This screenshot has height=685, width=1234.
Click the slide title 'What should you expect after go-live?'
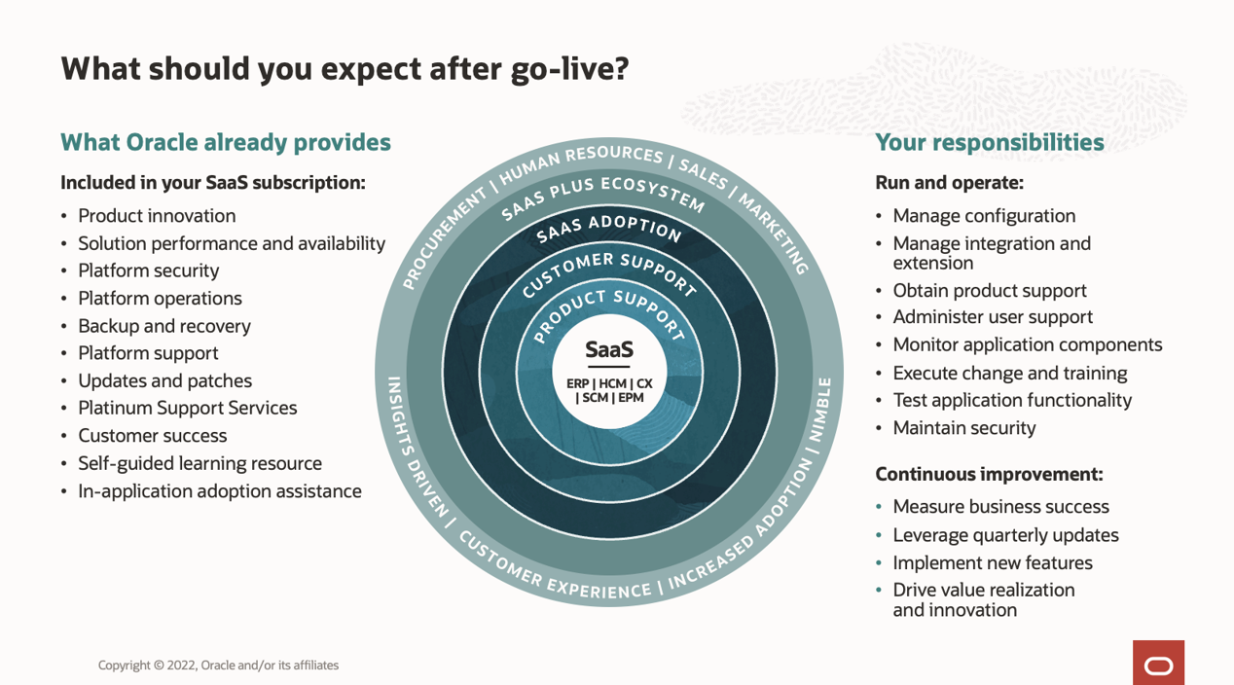[345, 68]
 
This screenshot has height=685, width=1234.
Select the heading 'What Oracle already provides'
[225, 142]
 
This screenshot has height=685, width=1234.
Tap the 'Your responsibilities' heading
[989, 142]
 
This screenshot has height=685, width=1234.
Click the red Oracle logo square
[1158, 663]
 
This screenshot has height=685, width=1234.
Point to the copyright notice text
[218, 666]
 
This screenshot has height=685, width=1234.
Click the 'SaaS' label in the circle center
[609, 348]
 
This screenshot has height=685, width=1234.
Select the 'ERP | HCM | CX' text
[609, 383]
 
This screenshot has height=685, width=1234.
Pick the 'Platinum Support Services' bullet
[187, 409]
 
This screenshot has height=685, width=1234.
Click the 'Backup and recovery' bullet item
[163, 326]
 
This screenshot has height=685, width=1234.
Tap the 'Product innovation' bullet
[157, 216]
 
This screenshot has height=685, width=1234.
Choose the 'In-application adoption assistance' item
[219, 491]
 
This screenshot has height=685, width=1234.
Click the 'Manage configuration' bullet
[984, 216]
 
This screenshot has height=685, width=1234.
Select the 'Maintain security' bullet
[963, 428]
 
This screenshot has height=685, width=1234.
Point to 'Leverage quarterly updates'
[1005, 535]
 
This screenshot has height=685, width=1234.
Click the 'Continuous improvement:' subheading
[989, 475]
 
